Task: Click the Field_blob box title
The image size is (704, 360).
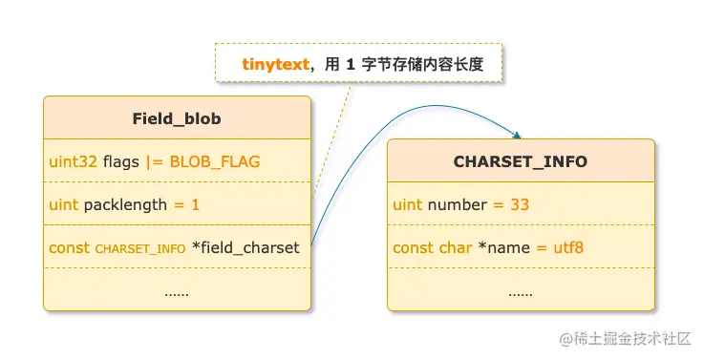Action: [x=177, y=118]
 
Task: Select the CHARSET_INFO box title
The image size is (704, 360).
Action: [x=521, y=161]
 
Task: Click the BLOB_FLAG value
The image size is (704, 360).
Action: [x=215, y=161]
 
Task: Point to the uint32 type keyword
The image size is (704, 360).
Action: [x=73, y=161]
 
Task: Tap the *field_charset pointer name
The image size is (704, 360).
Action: [x=246, y=247]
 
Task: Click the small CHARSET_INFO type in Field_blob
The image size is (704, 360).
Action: [x=140, y=248]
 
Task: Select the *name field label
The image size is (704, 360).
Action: [x=503, y=247]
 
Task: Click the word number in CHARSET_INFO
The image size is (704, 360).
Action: [x=458, y=204]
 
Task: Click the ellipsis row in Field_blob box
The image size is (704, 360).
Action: [x=177, y=290]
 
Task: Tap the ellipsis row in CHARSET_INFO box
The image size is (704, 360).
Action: [x=521, y=290]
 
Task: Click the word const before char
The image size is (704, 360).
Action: [x=413, y=247]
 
